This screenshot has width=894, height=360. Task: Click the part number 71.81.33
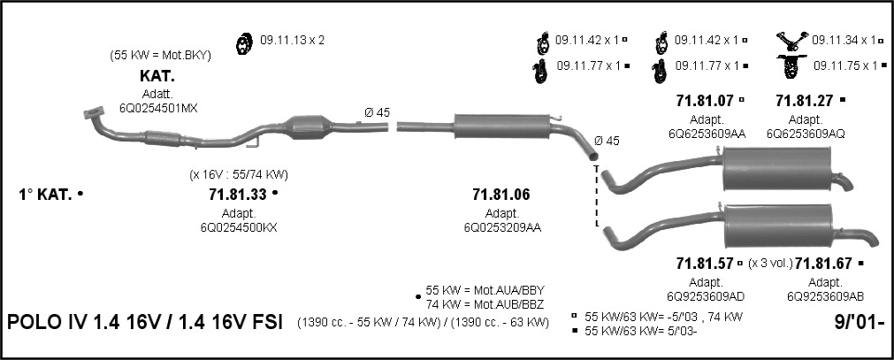[x=238, y=195]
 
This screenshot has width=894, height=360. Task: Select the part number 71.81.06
[x=501, y=195]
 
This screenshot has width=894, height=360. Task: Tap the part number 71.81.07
[x=705, y=101]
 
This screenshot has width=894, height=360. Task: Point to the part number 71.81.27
[x=804, y=101]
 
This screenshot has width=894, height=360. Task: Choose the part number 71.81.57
[x=705, y=264]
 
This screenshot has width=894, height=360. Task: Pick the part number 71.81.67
[x=823, y=264]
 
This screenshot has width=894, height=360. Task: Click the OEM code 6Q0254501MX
[x=158, y=108]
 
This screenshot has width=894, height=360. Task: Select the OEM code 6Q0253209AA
[x=502, y=227]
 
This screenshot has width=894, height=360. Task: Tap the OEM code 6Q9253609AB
[x=825, y=296]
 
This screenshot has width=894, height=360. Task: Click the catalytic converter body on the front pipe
[x=309, y=126]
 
